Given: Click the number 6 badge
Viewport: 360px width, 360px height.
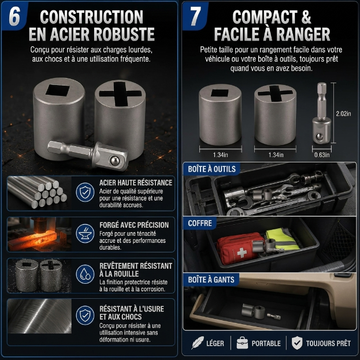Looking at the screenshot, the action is click(14, 17).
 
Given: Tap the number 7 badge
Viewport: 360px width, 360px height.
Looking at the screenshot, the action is click(195, 16).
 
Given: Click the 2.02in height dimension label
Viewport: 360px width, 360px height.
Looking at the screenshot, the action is click(343, 113).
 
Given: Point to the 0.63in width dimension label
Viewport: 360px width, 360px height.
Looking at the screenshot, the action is click(322, 155).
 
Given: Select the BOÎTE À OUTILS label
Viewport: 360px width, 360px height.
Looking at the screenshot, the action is click(211, 169).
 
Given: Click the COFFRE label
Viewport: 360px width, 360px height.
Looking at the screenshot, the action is click(200, 223).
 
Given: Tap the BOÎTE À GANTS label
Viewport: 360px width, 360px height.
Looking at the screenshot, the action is click(211, 280).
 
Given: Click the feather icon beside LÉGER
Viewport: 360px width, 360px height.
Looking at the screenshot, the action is click(198, 343).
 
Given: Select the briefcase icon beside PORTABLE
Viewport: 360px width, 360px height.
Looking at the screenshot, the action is click(242, 343).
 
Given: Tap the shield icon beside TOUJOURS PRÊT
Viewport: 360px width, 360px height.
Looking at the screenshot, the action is click(297, 343).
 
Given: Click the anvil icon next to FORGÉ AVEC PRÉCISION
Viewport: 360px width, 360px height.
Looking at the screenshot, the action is click(85, 233).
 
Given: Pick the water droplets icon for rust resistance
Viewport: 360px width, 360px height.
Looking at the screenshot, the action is click(85, 274).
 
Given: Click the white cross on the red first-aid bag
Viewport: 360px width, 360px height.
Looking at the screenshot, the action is click(242, 253).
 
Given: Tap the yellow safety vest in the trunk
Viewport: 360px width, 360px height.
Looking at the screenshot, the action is click(283, 239).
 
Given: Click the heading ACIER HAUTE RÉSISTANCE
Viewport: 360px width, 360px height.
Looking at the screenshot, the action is click(136, 183).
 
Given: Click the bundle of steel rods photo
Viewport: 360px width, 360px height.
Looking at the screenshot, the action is click(39, 193).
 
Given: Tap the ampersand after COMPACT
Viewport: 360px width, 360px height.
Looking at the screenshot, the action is click(306, 17).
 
